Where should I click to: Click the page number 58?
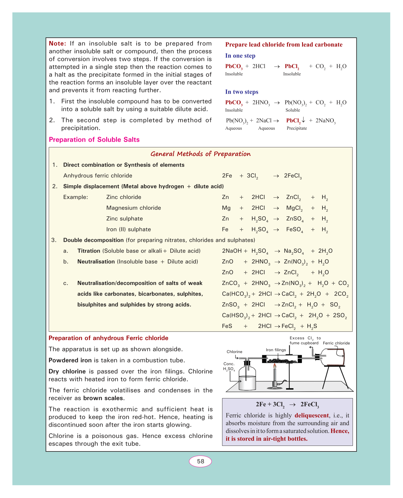[200, 461]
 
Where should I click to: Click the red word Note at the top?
[58, 44]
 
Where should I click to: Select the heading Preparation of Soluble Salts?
[94, 140]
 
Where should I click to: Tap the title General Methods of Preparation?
[201, 154]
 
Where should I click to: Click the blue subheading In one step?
[240, 56]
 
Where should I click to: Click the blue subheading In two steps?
[242, 92]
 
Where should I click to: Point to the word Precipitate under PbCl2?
[297, 128]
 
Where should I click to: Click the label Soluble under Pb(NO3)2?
[293, 110]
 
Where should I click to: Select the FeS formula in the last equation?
[227, 326]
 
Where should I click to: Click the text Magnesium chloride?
[134, 208]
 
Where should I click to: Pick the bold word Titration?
[89, 251]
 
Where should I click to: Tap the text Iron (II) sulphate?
[129, 230]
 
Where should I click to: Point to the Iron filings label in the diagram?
[276, 350]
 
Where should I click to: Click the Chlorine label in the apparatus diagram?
[235, 352]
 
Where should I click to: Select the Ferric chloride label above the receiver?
[336, 343]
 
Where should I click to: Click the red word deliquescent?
[312, 415]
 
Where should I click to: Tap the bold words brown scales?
[103, 398]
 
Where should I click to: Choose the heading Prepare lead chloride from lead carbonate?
[284, 45]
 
